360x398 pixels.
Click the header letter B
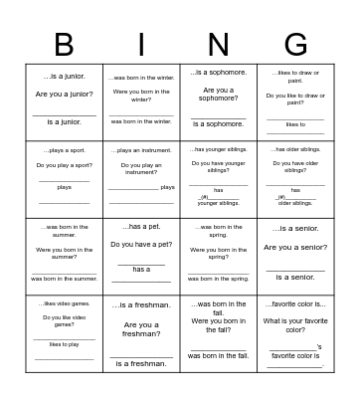point(64,46)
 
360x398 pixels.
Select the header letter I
point(141,46)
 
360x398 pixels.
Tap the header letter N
point(218,46)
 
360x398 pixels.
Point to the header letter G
point(295,46)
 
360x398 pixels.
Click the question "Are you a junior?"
point(65,94)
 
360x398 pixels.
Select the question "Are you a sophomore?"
point(218,94)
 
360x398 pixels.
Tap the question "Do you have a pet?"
point(141,244)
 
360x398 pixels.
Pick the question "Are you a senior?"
point(295,247)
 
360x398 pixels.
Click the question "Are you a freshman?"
point(141,329)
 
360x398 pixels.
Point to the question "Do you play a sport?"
point(64,165)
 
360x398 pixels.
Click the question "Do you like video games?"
point(64,320)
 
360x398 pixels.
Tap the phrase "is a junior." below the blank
point(65,121)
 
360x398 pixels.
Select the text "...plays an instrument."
point(141,150)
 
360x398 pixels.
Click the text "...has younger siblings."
point(218,149)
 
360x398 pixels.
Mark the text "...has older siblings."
point(295,149)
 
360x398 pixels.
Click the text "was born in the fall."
point(218,355)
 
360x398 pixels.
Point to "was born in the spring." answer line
point(218,279)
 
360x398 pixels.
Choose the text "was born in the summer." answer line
point(64,279)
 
